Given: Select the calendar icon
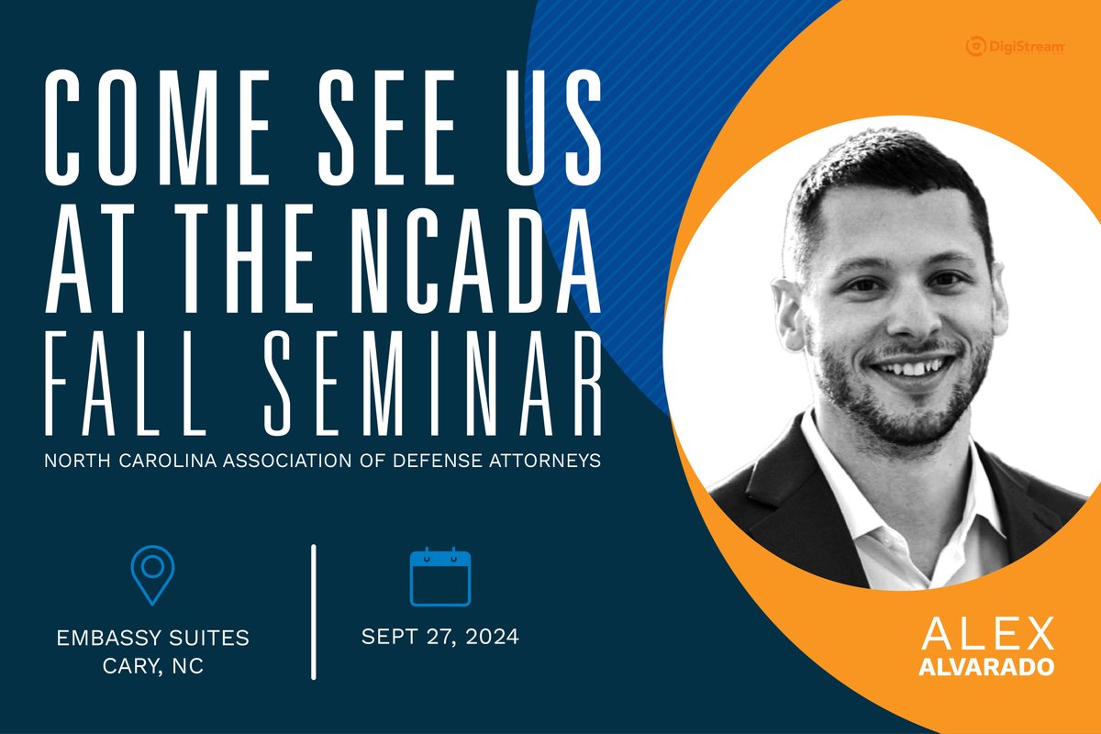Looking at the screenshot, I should (x=439, y=575).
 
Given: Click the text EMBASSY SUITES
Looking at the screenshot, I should (x=152, y=636).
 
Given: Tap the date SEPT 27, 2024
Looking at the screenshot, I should (x=439, y=636).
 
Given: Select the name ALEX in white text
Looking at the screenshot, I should (x=986, y=635).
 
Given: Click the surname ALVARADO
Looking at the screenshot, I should (x=986, y=666).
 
